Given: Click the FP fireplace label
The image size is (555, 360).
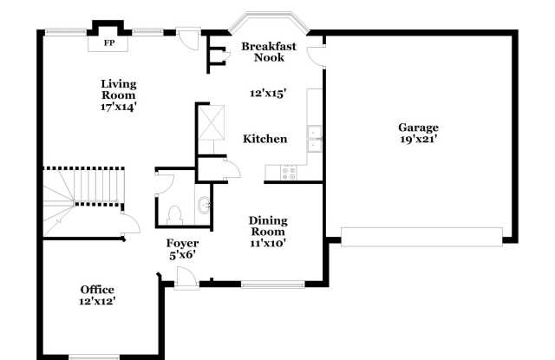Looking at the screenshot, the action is [x=109, y=43].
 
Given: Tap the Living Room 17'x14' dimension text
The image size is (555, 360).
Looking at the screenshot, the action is [x=119, y=107].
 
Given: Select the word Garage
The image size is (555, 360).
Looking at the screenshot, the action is [x=418, y=128].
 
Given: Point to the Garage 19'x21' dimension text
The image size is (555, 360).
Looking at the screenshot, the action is [x=418, y=139].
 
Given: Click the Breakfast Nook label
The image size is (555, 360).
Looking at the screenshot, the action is [x=269, y=52].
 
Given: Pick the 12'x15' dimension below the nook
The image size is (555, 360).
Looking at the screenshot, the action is [x=268, y=94].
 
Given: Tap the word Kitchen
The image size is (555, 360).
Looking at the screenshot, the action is [x=265, y=139].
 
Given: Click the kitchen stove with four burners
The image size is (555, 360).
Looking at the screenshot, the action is [x=289, y=173].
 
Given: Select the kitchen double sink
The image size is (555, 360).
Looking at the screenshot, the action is [x=314, y=139].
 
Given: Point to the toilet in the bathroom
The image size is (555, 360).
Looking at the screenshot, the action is [x=175, y=215].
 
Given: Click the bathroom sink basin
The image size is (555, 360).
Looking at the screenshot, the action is [x=205, y=205].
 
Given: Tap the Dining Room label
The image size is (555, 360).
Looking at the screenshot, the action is [x=268, y=226].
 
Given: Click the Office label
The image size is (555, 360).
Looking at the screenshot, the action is [x=97, y=290].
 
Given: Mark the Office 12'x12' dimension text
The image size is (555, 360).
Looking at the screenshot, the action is [x=97, y=301].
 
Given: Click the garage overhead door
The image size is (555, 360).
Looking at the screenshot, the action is [x=421, y=237].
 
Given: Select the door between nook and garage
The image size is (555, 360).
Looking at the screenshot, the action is [x=316, y=56].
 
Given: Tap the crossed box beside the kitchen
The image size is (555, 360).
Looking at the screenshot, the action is [x=212, y=122].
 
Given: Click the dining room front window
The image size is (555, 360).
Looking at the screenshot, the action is [x=273, y=285].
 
